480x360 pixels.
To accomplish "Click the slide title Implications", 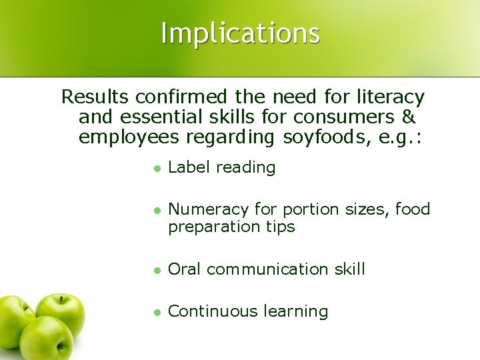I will coord(240,34).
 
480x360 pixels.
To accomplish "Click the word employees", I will coord(127,139).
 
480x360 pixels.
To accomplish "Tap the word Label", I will coord(187,167).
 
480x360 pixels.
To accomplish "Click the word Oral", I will coord(185,270).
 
